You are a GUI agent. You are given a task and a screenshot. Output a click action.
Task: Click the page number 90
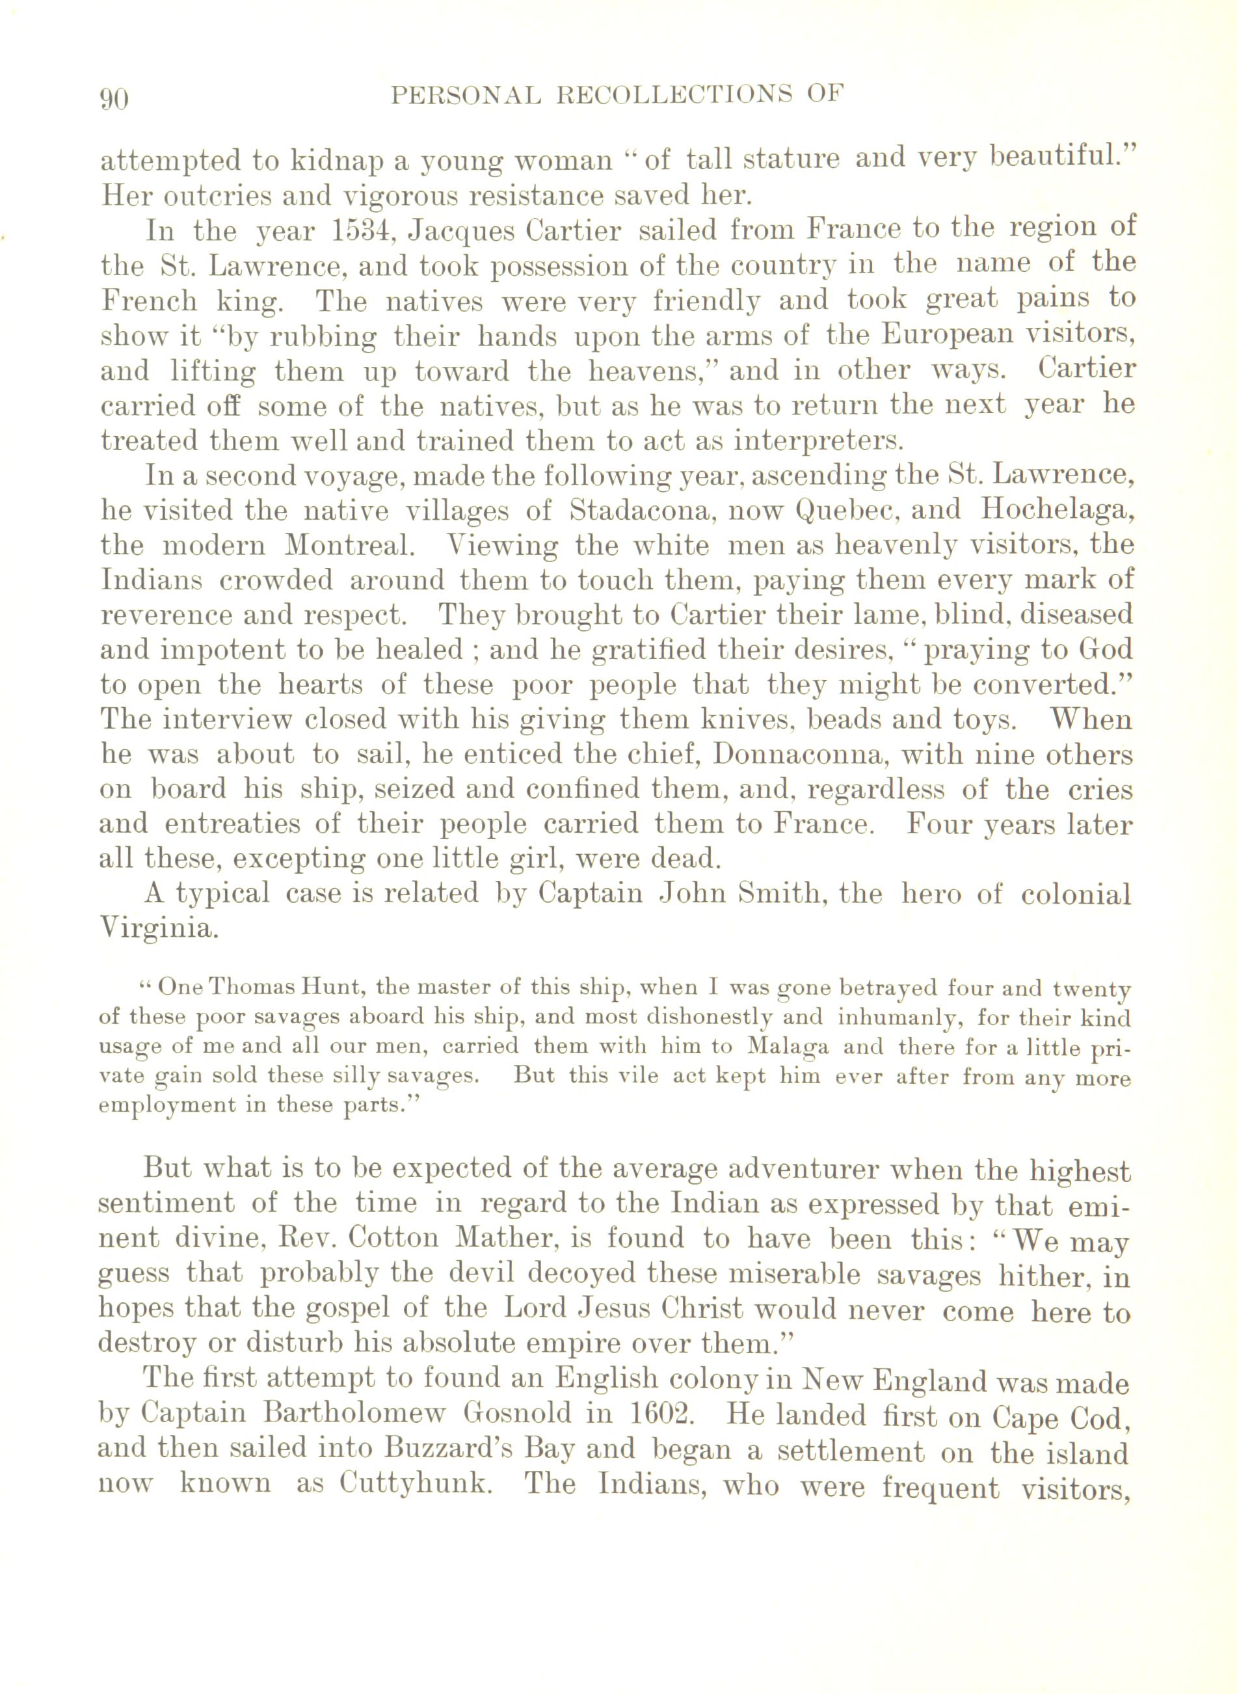[114, 99]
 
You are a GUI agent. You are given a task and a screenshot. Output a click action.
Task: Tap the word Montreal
[349, 545]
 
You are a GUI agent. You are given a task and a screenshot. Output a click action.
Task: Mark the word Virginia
[159, 930]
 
